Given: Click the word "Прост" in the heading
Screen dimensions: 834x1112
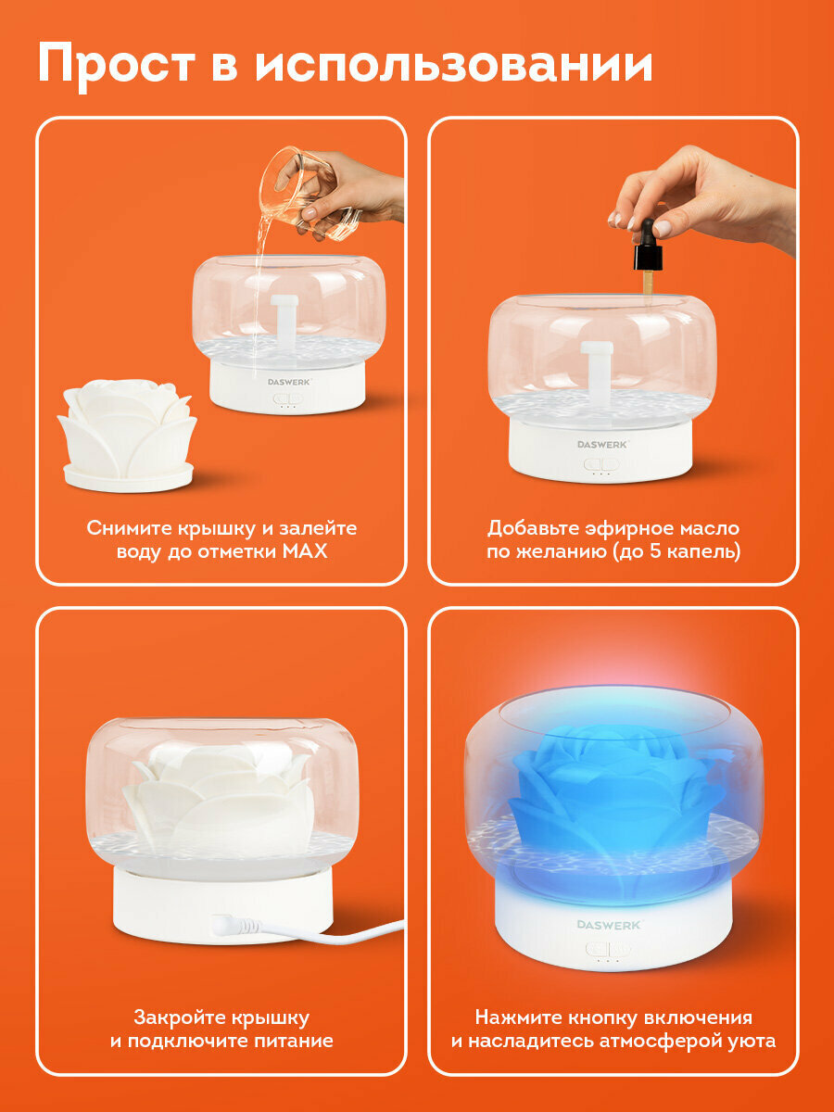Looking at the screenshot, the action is pyautogui.click(x=117, y=65).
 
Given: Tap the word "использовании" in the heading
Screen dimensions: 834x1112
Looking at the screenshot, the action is pyautogui.click(x=454, y=64).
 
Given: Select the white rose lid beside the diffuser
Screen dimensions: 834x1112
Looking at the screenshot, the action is pyautogui.click(x=127, y=436).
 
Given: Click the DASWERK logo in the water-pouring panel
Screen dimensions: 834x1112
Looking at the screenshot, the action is pyautogui.click(x=289, y=382).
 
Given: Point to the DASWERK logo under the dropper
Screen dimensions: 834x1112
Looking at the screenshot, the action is pyautogui.click(x=602, y=444).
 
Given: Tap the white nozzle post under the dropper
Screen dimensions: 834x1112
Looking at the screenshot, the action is pyautogui.click(x=598, y=365).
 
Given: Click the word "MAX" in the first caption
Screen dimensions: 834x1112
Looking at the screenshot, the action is pyautogui.click(x=305, y=551).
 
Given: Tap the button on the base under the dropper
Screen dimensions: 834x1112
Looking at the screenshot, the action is pyautogui.click(x=601, y=463).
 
